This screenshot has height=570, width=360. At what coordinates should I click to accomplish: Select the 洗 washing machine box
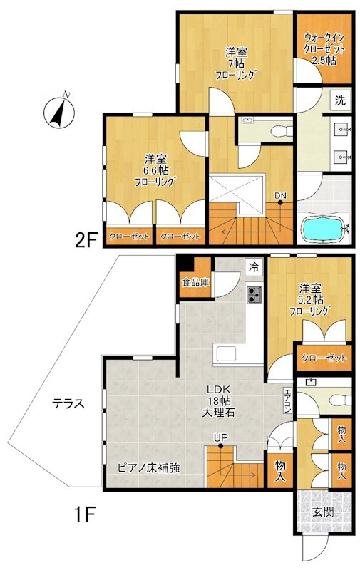340,100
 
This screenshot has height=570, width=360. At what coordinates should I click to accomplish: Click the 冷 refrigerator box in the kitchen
254,268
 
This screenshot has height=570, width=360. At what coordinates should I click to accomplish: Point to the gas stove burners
254,295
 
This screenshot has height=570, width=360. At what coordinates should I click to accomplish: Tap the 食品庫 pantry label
195,281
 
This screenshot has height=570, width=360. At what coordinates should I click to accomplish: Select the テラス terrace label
68,403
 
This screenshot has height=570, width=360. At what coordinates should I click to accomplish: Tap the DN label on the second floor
280,195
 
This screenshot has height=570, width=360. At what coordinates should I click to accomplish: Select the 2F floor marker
86,239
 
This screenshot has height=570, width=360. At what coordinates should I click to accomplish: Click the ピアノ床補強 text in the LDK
148,467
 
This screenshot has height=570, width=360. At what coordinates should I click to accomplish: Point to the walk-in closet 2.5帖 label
324,48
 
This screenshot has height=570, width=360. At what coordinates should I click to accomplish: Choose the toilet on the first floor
339,400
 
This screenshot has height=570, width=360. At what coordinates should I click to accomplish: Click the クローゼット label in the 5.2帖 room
324,358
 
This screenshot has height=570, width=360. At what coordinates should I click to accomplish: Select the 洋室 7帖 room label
236,64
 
